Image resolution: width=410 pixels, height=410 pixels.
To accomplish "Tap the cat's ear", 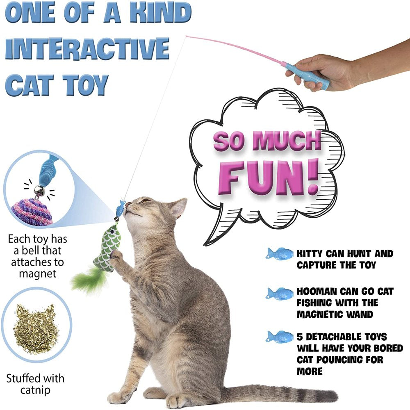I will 179,207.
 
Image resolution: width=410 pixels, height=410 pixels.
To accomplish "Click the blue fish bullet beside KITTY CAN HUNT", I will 280,254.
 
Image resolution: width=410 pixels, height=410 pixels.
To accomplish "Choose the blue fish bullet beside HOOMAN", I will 280,294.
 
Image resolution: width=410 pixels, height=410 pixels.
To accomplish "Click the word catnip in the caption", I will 35,389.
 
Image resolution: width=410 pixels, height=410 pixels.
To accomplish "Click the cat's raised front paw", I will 116,256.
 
